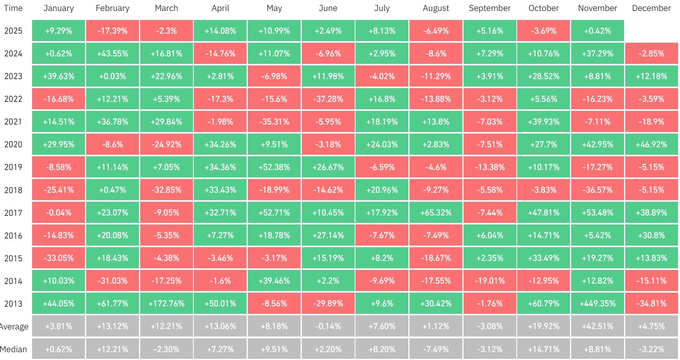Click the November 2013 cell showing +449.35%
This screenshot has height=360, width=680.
coord(597,304)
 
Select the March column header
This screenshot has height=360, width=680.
coord(166,8)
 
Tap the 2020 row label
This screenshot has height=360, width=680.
coord(13,145)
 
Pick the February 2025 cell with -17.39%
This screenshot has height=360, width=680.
coord(112,31)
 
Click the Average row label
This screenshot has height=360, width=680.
coord(14,326)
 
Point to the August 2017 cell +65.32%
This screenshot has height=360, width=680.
coord(436,213)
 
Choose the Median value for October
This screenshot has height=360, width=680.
coord(543,349)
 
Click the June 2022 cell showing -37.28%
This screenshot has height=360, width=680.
coord(328,99)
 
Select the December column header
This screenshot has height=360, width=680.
coord(651,8)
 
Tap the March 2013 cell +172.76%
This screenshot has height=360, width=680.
coord(166,304)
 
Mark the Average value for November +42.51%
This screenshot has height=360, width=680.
coord(597,326)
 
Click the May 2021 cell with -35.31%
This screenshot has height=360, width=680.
coord(274,122)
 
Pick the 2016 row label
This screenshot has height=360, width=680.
coord(13,235)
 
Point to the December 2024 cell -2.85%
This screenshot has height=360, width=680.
coord(651,54)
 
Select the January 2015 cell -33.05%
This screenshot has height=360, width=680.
coord(58,258)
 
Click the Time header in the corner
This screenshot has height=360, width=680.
coord(13,8)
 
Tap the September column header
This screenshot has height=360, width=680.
coord(490,8)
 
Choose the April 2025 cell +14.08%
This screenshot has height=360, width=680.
coord(220,31)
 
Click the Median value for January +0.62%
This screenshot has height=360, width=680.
coord(58,349)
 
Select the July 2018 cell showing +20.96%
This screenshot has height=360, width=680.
coord(382,190)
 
